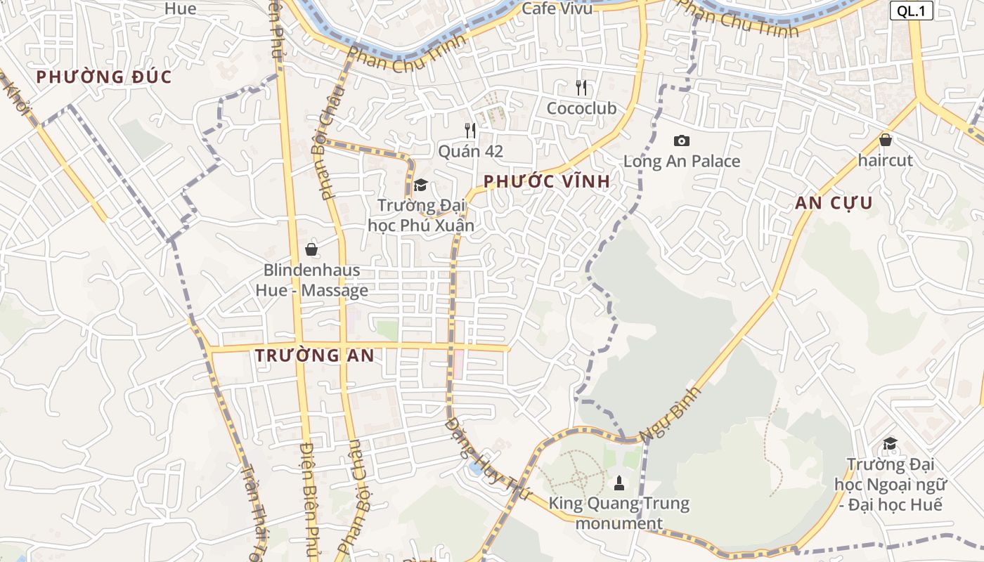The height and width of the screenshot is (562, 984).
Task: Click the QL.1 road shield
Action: point(912,11)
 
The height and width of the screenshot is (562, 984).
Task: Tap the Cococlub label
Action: point(581,108)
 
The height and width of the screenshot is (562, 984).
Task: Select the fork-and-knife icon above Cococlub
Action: point(581,88)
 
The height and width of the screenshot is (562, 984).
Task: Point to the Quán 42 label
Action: point(470,151)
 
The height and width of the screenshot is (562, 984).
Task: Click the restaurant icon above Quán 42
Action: point(470,130)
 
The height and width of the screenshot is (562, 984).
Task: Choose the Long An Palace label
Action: point(682,161)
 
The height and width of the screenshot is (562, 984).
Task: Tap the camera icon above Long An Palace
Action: point(681,140)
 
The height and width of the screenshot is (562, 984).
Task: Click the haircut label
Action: point(885,160)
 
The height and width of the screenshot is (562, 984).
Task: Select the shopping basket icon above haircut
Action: point(885,140)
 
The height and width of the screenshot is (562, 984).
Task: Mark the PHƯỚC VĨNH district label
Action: point(546,181)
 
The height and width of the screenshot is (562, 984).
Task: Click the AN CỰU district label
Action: point(834,204)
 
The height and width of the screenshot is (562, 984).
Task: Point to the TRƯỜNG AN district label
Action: point(314,355)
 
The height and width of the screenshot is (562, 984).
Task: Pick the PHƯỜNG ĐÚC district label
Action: point(104,77)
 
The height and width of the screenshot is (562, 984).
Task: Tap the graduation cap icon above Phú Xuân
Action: point(420,185)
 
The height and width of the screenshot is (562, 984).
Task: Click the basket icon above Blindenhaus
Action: point(311,249)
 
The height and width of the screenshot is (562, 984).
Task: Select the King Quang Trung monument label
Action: point(619,514)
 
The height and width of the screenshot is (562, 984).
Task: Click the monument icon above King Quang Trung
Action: point(619,483)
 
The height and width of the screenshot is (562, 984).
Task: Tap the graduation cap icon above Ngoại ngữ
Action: point(890,443)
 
